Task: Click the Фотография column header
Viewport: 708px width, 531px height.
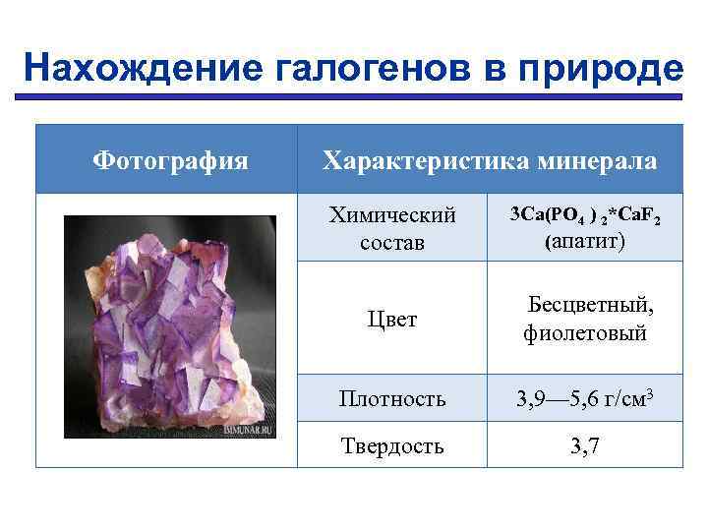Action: pos(170,159)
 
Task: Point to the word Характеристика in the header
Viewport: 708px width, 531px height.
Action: pos(431,159)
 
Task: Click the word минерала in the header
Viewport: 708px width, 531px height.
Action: pos(601,159)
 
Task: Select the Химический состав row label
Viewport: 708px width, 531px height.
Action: pos(392,228)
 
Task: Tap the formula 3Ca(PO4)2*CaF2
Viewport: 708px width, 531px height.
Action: pos(585,214)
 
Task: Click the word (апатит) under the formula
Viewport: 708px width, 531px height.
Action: pos(584,241)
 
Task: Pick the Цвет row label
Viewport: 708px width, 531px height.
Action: pos(392,320)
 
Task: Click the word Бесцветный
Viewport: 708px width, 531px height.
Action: pos(591,305)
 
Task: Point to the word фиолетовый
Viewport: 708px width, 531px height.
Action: pos(585,333)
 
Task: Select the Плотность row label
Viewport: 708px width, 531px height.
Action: pos(392,399)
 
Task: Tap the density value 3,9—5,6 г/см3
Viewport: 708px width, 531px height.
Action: pos(585,398)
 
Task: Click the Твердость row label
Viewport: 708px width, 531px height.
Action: pos(392,445)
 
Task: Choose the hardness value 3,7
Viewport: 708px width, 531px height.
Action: pos(585,445)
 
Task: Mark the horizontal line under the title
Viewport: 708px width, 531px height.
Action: pos(354,96)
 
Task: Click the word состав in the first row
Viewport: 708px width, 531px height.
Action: pos(392,242)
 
